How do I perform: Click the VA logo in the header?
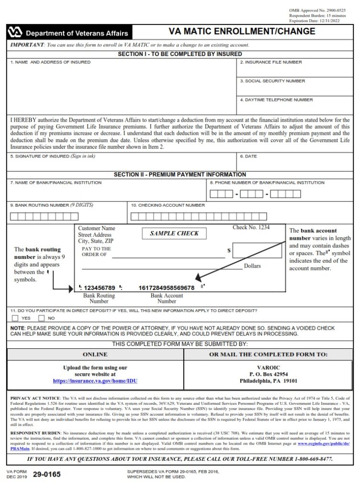[15, 33]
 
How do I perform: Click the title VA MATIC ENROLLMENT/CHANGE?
[242, 32]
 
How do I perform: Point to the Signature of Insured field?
[122, 164]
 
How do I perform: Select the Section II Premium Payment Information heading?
[180, 175]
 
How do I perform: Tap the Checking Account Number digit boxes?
[205, 216]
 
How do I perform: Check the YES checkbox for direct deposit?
[15, 318]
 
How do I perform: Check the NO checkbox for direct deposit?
[41, 318]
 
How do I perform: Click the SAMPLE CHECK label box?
[174, 234]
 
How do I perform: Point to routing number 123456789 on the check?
[100, 288]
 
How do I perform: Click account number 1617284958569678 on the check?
[166, 288]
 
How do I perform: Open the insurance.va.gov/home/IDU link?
[95, 381]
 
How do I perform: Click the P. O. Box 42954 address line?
[269, 374]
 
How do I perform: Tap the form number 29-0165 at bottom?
[46, 475]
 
